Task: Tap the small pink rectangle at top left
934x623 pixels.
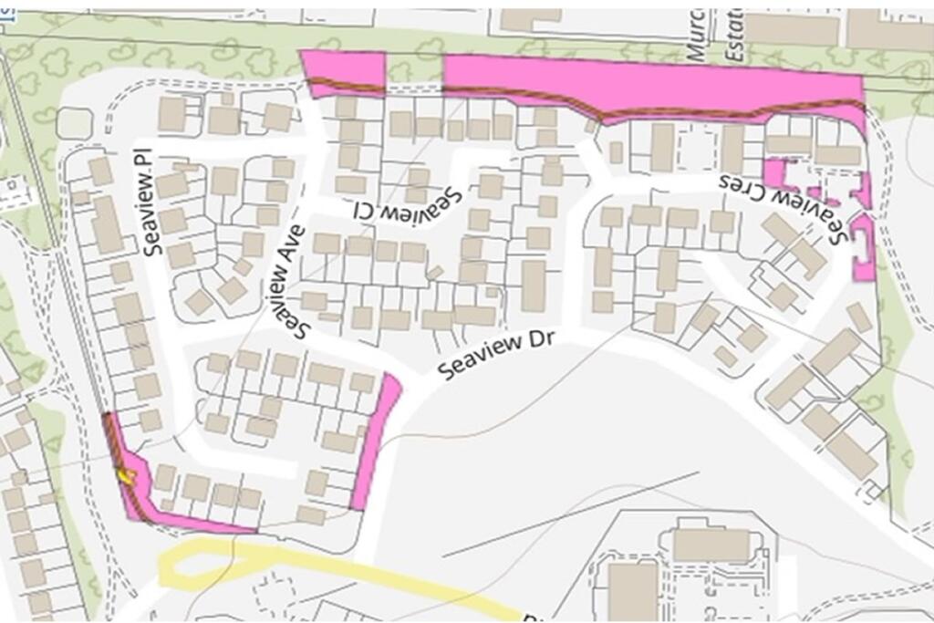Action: click(x=343, y=70)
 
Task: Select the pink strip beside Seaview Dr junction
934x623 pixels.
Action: click(x=376, y=438)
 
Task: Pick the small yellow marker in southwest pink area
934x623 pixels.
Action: click(x=125, y=473)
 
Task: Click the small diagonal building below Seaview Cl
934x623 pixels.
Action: click(x=435, y=272)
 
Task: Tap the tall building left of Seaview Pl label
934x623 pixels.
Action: click(x=107, y=223)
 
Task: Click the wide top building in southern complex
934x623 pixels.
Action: click(x=711, y=545)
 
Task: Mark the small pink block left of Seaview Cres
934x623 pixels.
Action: click(x=776, y=171)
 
